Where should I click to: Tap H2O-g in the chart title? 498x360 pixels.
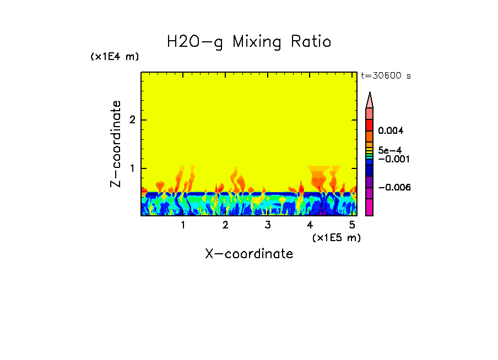pyautogui.click(x=195, y=42)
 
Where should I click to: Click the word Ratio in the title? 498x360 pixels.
pyautogui.click(x=312, y=41)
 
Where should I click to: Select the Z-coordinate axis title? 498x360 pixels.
pyautogui.click(x=116, y=144)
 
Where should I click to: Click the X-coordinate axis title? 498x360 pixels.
pyautogui.click(x=249, y=254)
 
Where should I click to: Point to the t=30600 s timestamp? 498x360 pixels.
pyautogui.click(x=386, y=76)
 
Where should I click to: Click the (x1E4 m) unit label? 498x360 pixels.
pyautogui.click(x=115, y=57)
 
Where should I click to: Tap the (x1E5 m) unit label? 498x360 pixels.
pyautogui.click(x=336, y=237)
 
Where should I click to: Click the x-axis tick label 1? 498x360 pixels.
pyautogui.click(x=183, y=225)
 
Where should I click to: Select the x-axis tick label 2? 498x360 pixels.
pyautogui.click(x=225, y=225)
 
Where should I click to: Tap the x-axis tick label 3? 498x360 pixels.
pyautogui.click(x=267, y=225)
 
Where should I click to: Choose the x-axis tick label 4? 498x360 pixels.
pyautogui.click(x=310, y=225)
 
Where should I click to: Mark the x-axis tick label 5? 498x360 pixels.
pyautogui.click(x=351, y=225)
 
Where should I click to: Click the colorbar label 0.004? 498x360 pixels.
pyautogui.click(x=391, y=131)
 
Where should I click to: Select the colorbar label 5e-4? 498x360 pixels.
pyautogui.click(x=389, y=150)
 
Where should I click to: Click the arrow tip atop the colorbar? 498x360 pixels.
pyautogui.click(x=370, y=95)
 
